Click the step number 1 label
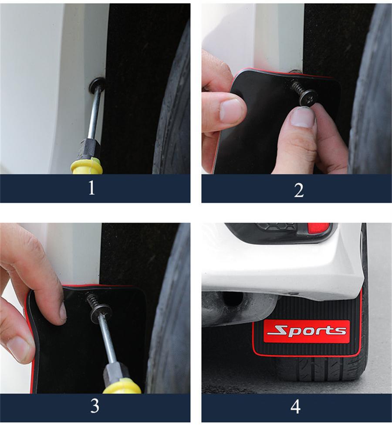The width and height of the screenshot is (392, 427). (x=91, y=188)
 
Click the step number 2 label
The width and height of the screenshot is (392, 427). (x=298, y=190)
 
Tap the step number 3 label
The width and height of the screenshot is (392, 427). (x=95, y=406)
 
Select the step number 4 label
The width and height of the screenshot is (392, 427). (x=295, y=407)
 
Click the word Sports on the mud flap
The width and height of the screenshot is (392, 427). (x=307, y=331)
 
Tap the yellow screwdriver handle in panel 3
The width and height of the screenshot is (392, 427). (x=122, y=387)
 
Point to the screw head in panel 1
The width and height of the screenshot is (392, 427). (x=97, y=85)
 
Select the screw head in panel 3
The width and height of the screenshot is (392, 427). (x=101, y=311)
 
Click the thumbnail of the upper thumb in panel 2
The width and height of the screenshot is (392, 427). (x=231, y=110)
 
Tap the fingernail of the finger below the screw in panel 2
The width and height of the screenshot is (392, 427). (x=302, y=117)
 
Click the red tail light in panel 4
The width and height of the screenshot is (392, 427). (x=318, y=228)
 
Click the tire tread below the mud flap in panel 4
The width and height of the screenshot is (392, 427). (x=314, y=370)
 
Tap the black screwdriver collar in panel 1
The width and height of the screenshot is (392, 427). (x=89, y=149)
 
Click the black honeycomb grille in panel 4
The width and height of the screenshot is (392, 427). (x=277, y=227)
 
